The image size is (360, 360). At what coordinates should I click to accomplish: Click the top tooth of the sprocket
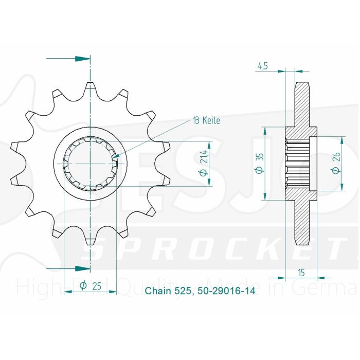tap(91, 87)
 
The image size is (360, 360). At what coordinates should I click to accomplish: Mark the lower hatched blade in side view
tap(302, 221)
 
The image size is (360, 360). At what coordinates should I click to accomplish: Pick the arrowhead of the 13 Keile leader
tap(116, 156)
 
